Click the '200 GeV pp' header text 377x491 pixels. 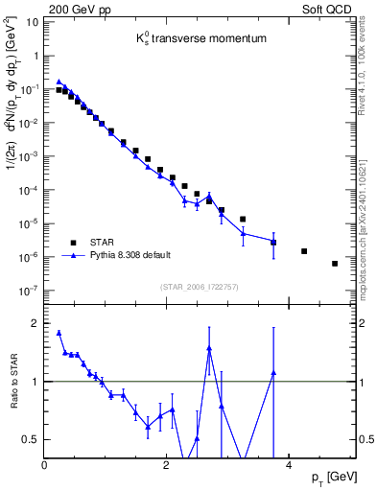point(77,8)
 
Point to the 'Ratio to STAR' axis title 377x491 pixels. point(14,381)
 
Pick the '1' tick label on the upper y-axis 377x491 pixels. point(36,56)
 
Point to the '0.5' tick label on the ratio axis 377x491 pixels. point(32,439)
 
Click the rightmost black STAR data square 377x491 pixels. point(335,264)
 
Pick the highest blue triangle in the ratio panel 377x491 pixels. point(59,334)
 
